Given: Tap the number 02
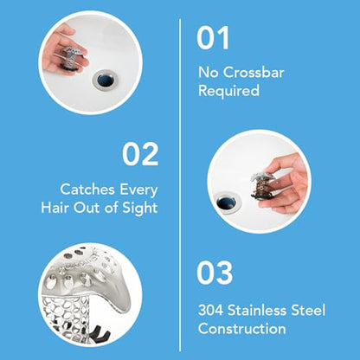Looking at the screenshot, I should [140, 154].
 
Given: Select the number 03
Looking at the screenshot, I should [215, 272].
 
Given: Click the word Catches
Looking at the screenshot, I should [87, 188].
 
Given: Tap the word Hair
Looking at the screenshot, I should [57, 208].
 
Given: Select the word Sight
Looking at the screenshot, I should [140, 208].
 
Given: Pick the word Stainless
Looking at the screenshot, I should [264, 310].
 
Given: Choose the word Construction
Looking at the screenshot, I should [241, 329].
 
